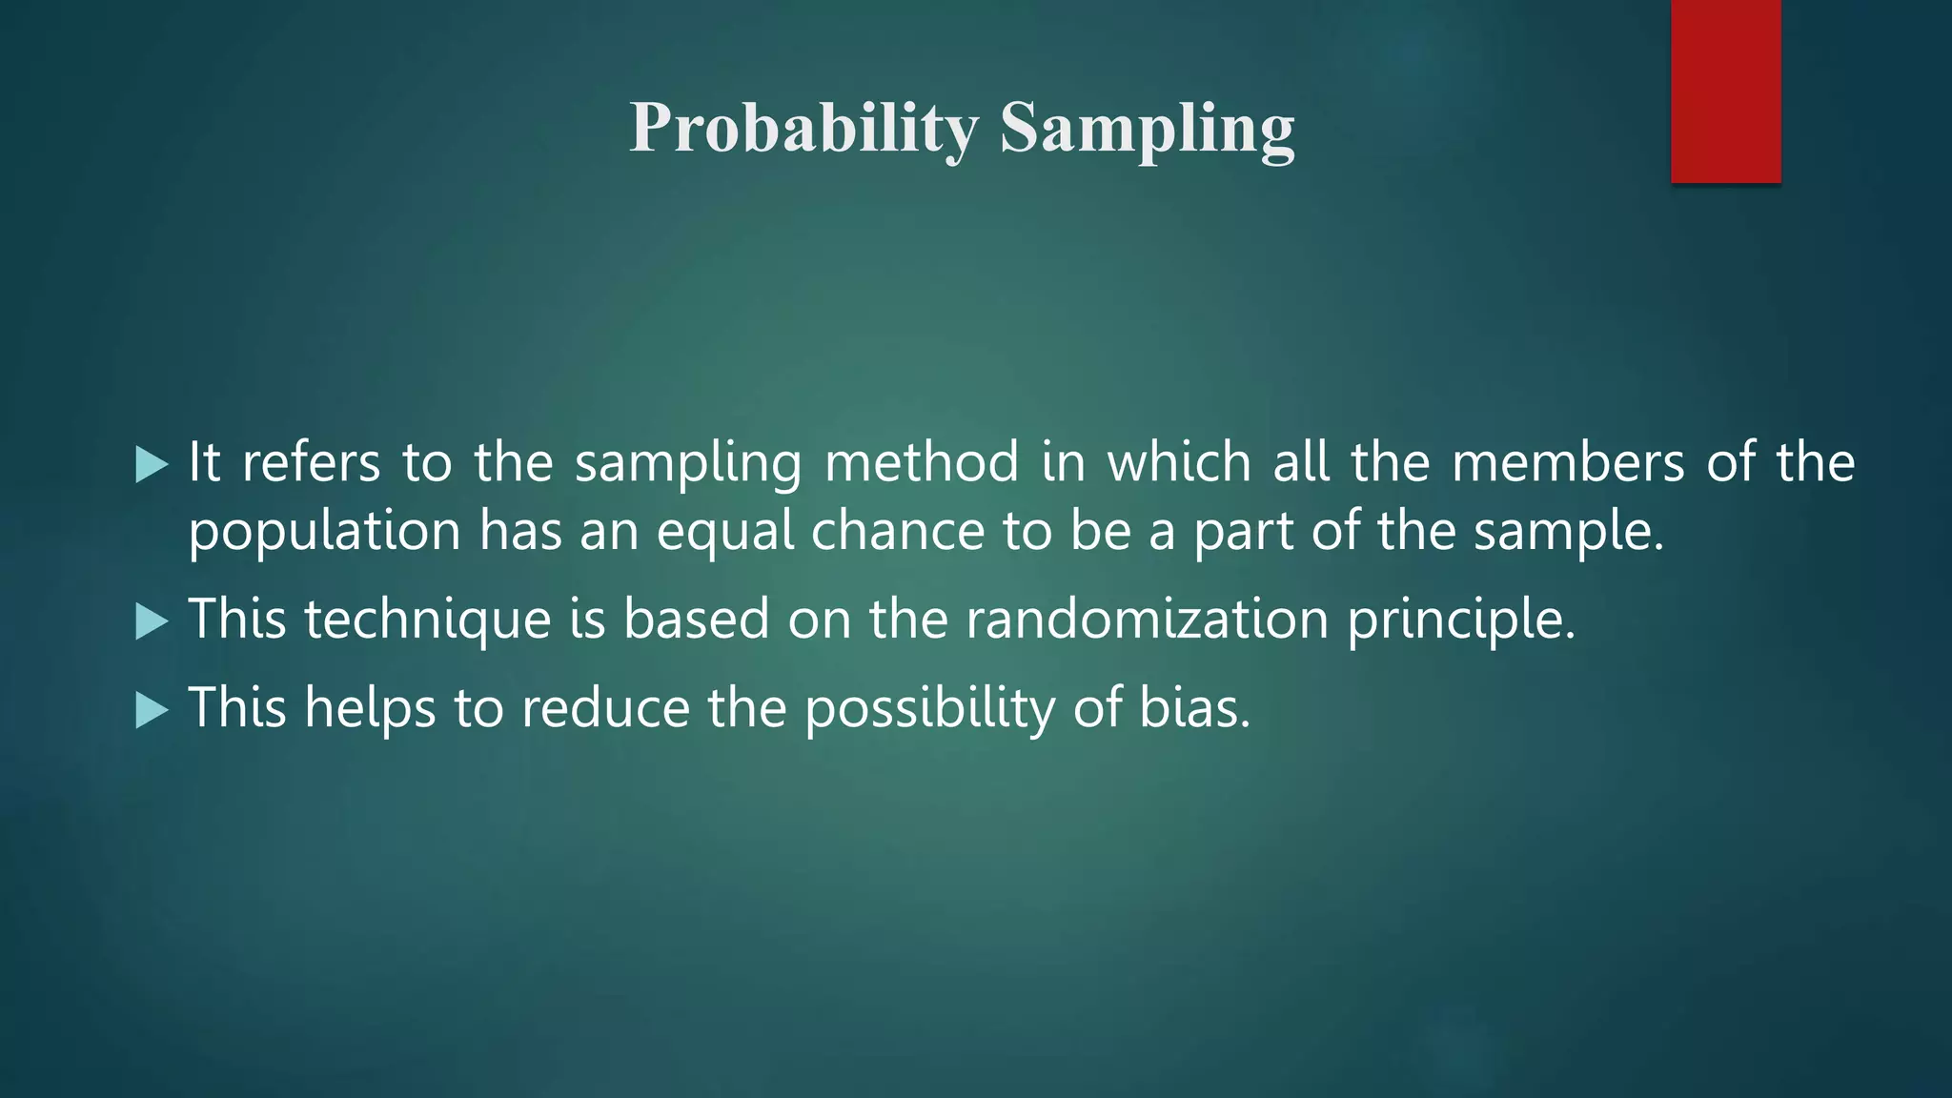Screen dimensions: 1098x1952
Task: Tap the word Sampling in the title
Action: [x=1148, y=128]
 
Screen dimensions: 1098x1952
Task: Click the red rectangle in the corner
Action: [x=1725, y=91]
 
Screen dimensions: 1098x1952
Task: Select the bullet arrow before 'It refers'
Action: [x=152, y=465]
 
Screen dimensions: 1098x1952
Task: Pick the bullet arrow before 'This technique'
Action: [x=152, y=621]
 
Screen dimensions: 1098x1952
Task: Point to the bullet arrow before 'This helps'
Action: [x=152, y=710]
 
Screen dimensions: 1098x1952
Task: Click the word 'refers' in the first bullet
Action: [x=311, y=463]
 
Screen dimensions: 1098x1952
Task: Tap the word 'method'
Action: [x=922, y=463]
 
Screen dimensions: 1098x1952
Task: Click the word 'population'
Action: [x=324, y=532]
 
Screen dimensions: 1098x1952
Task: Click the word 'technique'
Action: [x=427, y=620]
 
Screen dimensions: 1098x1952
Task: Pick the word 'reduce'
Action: [x=605, y=708]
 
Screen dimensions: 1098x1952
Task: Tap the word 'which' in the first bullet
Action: [x=1178, y=463]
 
